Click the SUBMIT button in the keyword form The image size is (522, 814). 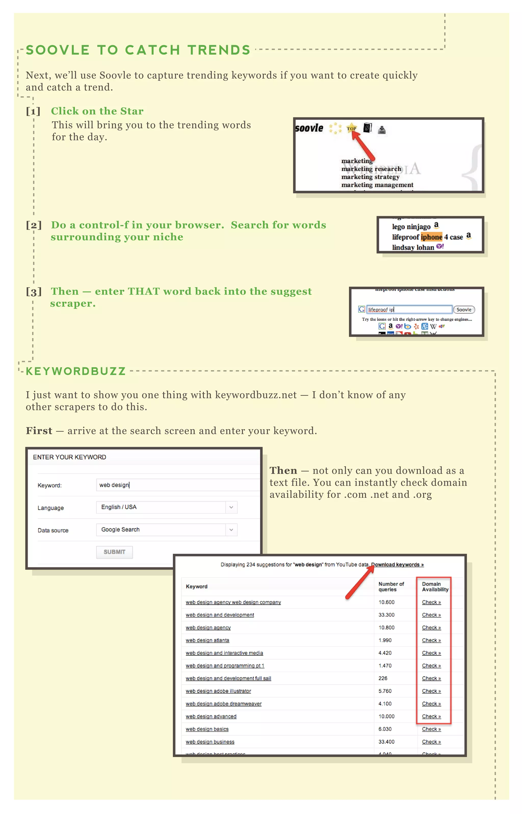(114, 552)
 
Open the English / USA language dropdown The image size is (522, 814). (166, 507)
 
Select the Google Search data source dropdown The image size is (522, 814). (166, 530)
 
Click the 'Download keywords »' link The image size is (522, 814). (397, 565)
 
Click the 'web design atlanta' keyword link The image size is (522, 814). (207, 640)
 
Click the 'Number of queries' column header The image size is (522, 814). (391, 587)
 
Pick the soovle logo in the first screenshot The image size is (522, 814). (309, 128)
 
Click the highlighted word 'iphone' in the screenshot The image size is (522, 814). (432, 237)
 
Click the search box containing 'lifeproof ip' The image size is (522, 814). (409, 310)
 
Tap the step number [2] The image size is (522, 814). (34, 225)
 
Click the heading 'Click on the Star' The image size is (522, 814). (97, 111)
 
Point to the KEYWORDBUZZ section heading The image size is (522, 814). (76, 371)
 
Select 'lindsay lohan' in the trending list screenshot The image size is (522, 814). (413, 247)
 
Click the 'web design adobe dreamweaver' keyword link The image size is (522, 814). (224, 704)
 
